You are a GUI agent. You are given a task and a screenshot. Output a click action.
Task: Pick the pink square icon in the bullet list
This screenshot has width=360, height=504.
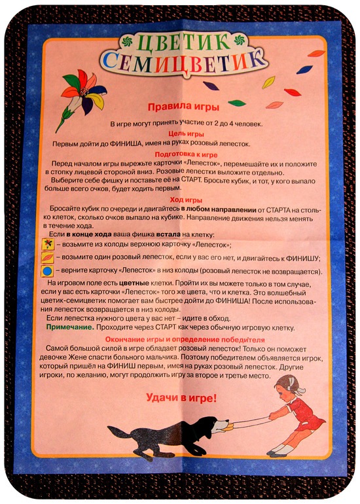click(x=47, y=257)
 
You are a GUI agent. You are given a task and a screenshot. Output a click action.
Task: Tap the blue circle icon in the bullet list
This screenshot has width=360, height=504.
click(x=47, y=270)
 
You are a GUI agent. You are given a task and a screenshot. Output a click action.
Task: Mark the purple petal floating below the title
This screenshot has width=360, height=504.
click(x=210, y=85)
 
